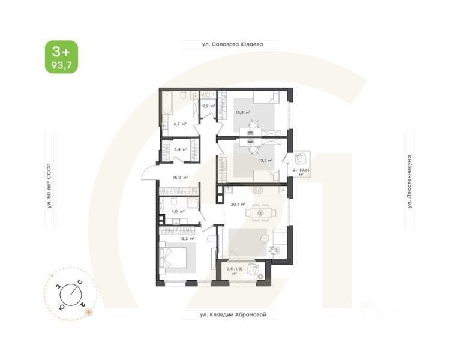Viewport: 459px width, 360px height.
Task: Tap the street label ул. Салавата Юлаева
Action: (232, 44)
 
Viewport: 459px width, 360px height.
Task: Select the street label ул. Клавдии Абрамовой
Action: (232, 314)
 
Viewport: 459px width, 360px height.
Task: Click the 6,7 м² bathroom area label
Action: (179, 124)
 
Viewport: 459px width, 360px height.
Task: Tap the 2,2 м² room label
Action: (208, 106)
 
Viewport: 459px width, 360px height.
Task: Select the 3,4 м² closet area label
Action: (180, 149)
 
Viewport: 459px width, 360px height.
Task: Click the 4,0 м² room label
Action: (177, 211)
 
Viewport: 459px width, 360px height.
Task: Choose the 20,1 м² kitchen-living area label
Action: (238, 204)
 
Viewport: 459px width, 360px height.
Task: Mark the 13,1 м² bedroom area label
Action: (266, 160)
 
